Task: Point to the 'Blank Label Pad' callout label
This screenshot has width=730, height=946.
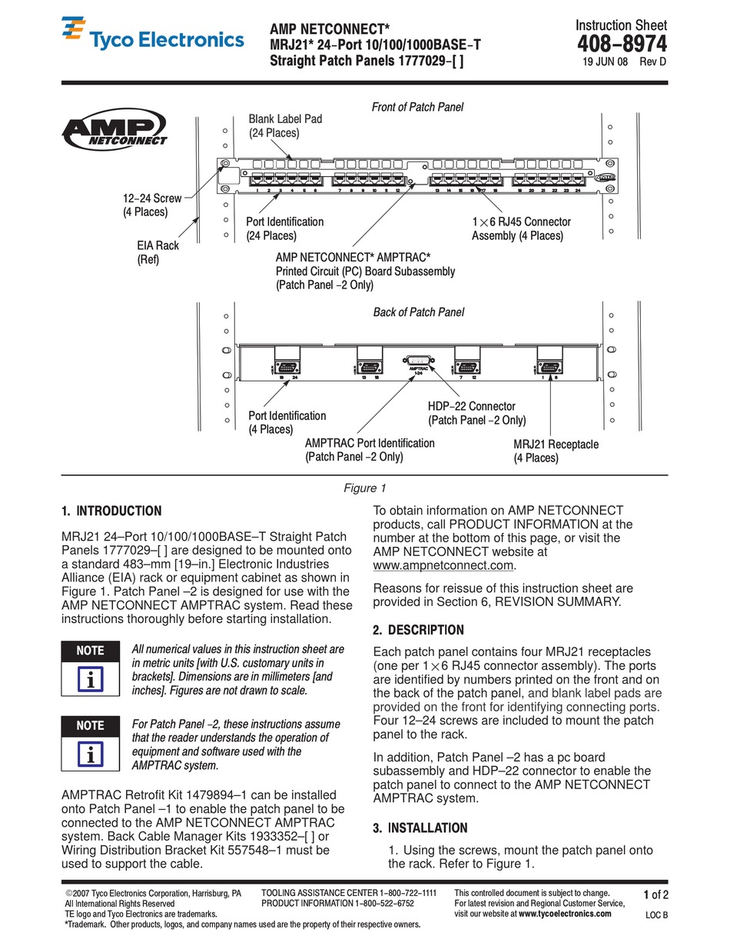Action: (x=285, y=126)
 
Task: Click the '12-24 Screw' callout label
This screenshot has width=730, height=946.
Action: (x=152, y=205)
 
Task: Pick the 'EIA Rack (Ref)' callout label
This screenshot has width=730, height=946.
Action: (x=158, y=252)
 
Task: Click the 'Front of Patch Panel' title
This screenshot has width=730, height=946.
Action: (x=417, y=107)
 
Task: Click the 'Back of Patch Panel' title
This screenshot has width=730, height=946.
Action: (x=418, y=312)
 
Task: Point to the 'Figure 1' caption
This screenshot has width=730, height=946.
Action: (x=365, y=488)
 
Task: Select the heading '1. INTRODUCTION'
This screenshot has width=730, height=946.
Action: (x=111, y=511)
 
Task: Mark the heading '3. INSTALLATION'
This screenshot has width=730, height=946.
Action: (x=420, y=828)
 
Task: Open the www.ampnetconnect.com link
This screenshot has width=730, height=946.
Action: (x=443, y=565)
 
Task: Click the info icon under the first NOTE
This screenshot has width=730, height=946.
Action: (x=91, y=680)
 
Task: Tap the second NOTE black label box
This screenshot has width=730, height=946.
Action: (x=91, y=725)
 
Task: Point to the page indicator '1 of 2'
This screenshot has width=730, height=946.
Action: (x=655, y=894)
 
